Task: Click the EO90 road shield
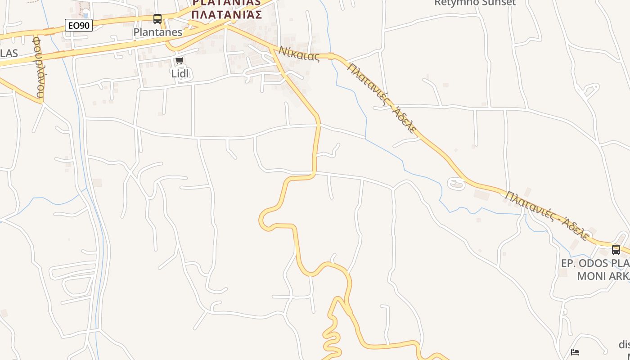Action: click(x=79, y=26)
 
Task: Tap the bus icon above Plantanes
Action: click(x=157, y=19)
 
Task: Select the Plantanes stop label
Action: click(x=158, y=32)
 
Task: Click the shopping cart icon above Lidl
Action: click(x=180, y=61)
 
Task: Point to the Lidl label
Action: click(x=180, y=73)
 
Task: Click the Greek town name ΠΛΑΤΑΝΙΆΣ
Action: click(x=227, y=14)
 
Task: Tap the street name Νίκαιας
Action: click(x=299, y=54)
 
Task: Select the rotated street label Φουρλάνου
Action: click(x=39, y=67)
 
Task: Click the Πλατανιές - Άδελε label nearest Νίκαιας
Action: click(x=382, y=98)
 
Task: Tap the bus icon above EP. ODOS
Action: click(x=616, y=249)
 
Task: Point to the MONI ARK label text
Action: click(x=603, y=276)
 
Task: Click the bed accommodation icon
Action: click(x=575, y=352)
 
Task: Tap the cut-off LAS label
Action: click(x=9, y=54)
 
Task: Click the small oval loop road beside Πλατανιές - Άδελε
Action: click(x=456, y=184)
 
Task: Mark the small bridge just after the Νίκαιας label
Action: click(x=331, y=56)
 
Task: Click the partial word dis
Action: click(x=624, y=345)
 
